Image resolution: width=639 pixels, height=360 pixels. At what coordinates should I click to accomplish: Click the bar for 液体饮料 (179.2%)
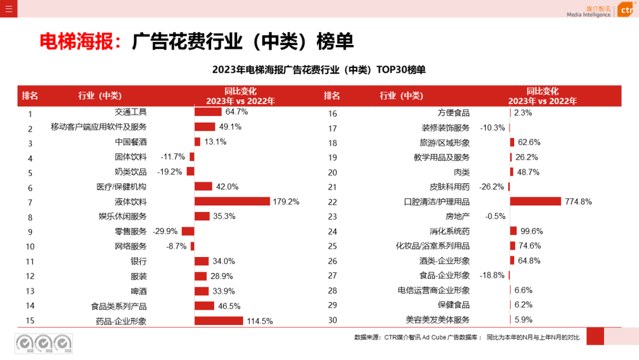[x=232, y=201]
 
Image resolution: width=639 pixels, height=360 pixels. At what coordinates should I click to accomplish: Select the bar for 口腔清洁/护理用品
[x=535, y=201]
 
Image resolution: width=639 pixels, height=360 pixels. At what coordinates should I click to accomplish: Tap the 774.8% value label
[x=578, y=201]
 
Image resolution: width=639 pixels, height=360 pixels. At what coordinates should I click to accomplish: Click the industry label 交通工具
[x=131, y=112]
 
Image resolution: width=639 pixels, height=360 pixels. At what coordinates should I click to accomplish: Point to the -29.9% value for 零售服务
[x=166, y=232]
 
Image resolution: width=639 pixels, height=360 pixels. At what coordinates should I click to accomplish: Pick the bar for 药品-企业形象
[x=218, y=321]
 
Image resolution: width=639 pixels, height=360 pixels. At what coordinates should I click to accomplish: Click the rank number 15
[x=30, y=321]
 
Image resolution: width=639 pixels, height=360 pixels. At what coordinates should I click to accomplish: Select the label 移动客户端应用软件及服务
[x=98, y=127]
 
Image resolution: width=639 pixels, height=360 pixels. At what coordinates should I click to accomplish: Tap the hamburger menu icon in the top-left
[x=8, y=8]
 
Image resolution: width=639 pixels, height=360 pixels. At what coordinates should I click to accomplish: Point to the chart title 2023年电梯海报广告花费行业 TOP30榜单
[x=319, y=70]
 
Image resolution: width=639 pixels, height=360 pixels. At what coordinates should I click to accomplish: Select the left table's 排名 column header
[x=30, y=96]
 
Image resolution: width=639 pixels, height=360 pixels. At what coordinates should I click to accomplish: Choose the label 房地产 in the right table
[x=457, y=216]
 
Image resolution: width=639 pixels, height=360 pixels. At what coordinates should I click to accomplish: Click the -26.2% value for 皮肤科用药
[x=492, y=187]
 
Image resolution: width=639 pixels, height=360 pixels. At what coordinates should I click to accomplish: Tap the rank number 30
[x=333, y=320]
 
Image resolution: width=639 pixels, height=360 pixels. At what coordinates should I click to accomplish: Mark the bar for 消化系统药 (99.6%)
[x=513, y=231]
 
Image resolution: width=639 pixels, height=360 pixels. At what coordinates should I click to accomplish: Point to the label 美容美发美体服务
[x=438, y=320]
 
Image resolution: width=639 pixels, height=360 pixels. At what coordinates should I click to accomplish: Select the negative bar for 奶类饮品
[x=191, y=172]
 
